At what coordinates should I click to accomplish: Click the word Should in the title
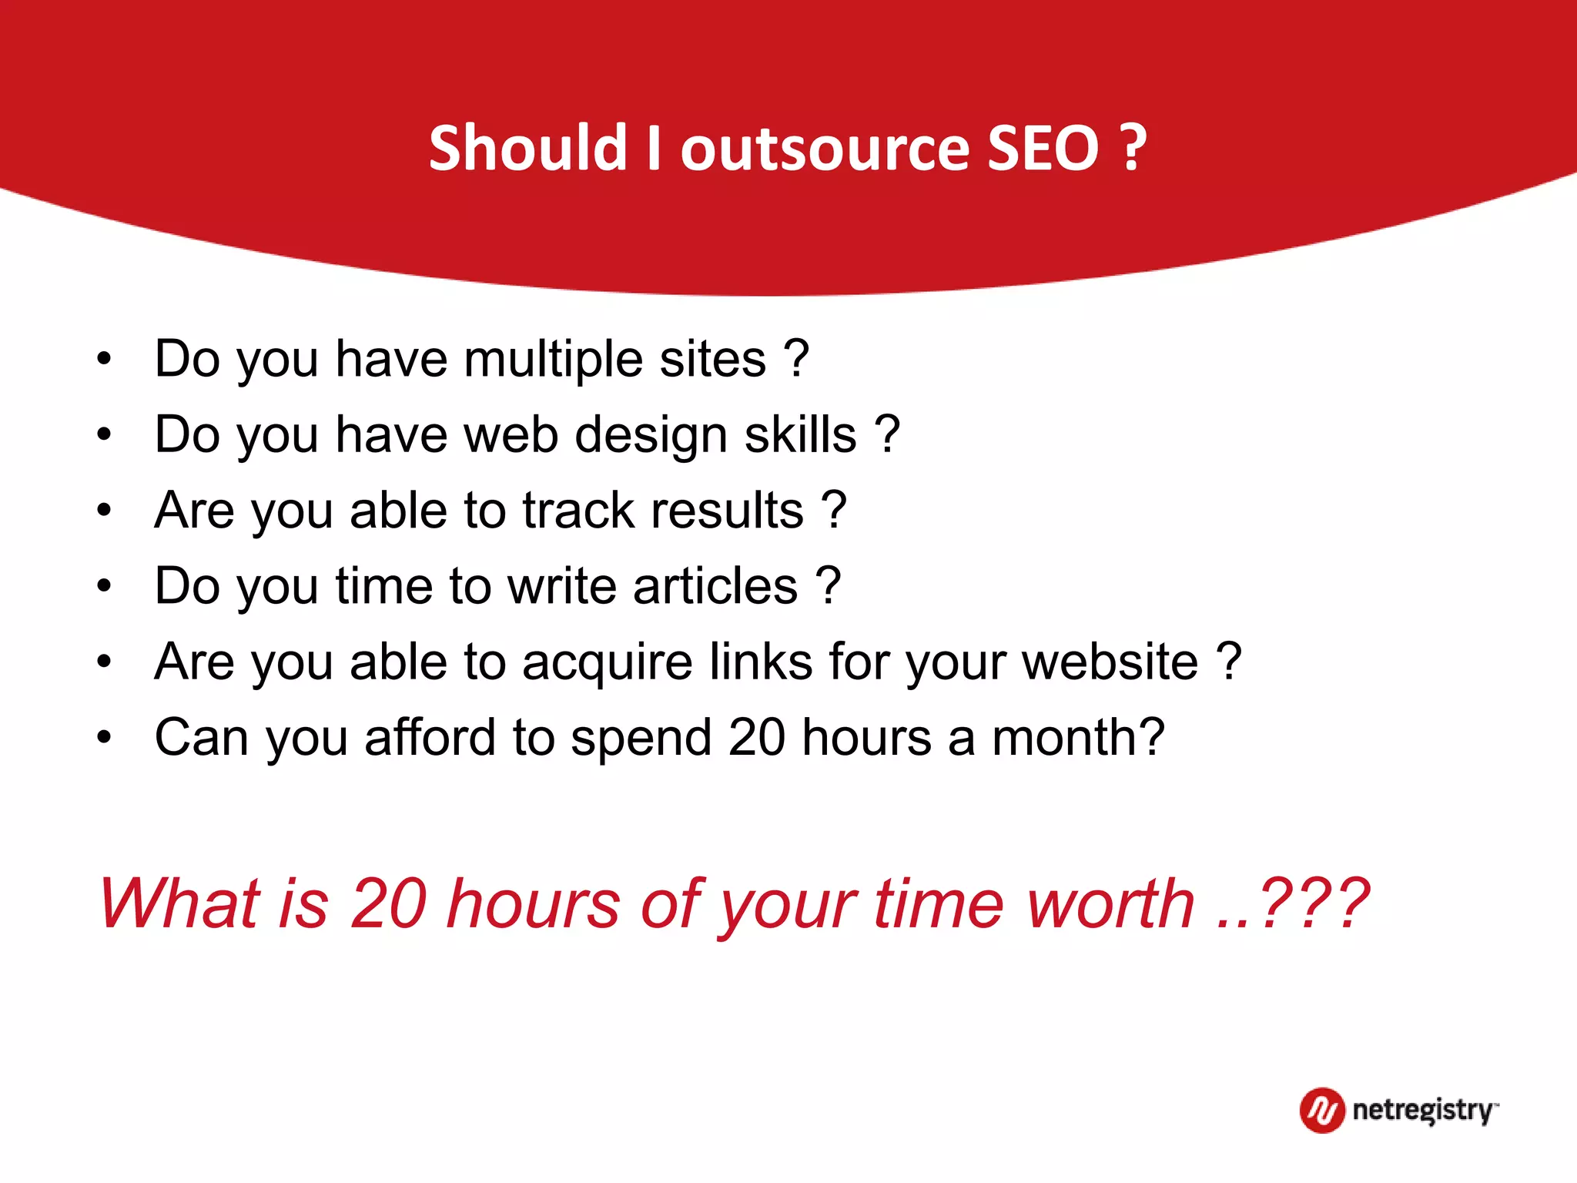tap(528, 148)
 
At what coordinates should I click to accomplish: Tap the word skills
tap(800, 434)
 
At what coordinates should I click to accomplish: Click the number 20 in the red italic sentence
tap(389, 903)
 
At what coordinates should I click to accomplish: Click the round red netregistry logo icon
tap(1322, 1110)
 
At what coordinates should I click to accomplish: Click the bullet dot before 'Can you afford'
tap(104, 737)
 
